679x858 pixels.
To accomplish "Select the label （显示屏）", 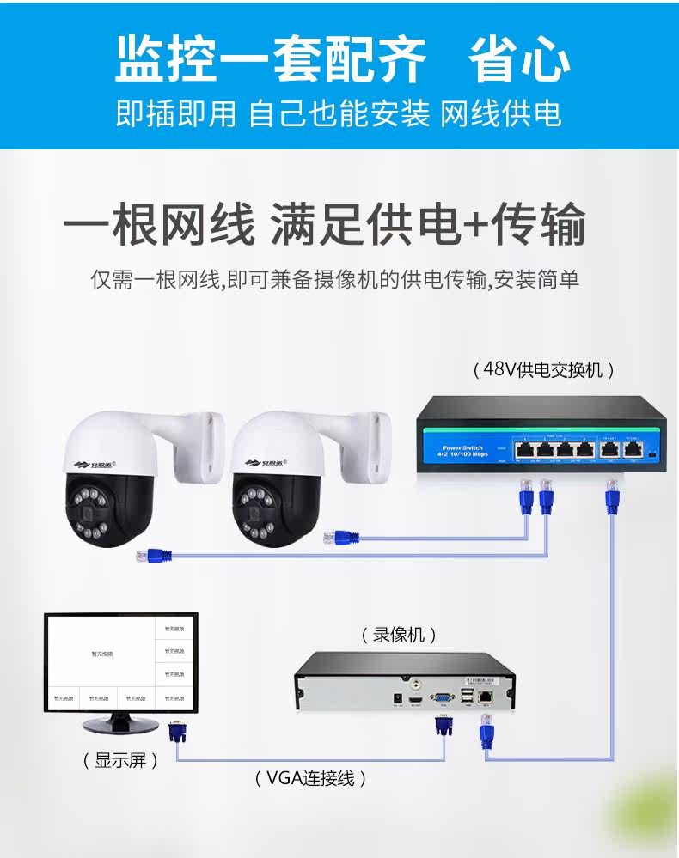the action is pyautogui.click(x=121, y=760).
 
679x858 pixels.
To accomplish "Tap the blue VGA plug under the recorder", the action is pyautogui.click(x=443, y=724).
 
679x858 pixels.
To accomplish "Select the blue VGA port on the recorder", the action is pyautogui.click(x=443, y=698).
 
